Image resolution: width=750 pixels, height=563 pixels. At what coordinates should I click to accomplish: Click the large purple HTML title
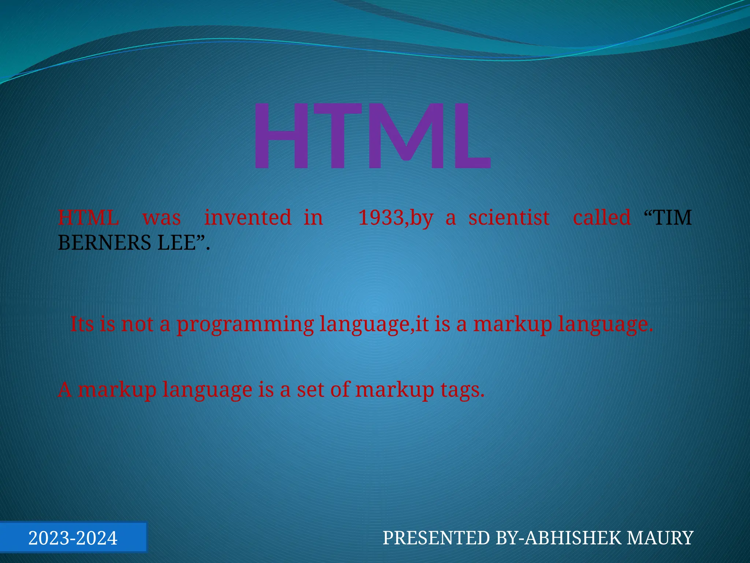click(371, 136)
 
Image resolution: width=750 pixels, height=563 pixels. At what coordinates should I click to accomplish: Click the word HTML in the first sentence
click(88, 217)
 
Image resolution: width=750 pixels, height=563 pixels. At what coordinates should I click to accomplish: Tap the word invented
click(248, 217)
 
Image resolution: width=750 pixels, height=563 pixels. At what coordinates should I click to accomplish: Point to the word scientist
click(509, 217)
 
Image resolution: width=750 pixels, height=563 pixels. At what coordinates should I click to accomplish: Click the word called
click(602, 217)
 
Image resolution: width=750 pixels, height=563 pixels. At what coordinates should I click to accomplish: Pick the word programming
click(245, 324)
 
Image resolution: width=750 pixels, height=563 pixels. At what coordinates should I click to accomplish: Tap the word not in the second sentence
click(137, 324)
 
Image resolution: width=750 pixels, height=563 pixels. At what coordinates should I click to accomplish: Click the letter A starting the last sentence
click(65, 389)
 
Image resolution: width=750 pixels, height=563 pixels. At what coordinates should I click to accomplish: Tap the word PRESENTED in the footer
click(436, 538)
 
